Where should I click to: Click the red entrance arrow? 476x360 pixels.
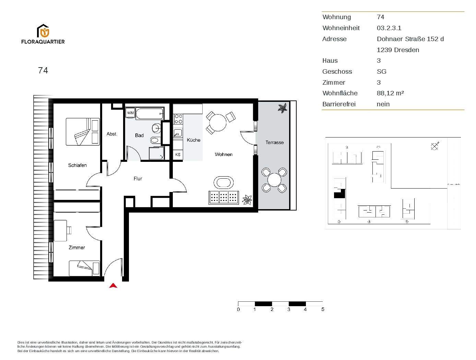coord(113,286)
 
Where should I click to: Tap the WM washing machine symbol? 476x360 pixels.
coord(130,113)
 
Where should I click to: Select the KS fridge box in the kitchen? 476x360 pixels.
coord(178,155)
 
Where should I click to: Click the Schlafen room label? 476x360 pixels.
coord(78,165)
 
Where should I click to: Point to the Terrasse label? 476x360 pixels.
coord(274,142)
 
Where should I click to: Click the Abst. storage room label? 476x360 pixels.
coord(112,134)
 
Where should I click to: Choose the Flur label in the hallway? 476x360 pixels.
coord(138,179)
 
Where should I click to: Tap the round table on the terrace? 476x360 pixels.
coord(274,180)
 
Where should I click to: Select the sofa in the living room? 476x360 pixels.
coord(224,197)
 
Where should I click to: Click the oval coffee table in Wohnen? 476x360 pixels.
coord(224,182)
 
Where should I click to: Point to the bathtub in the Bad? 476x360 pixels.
coord(150,113)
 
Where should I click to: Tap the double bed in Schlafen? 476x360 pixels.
coord(83,132)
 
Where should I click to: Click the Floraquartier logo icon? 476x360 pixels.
coord(43,31)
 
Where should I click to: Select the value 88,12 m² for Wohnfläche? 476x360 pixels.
coord(390,93)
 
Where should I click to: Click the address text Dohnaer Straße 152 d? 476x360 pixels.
coord(410,39)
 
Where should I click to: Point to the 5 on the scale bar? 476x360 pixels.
coord(323,309)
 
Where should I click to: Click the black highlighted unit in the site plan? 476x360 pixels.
coord(339,194)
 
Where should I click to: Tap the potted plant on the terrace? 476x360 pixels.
coord(283,108)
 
